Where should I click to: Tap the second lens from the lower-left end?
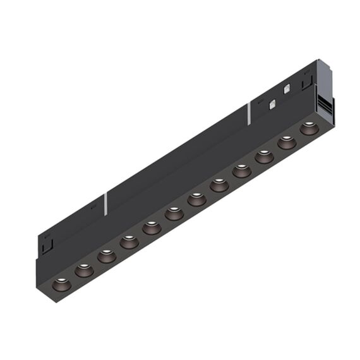(84, 270)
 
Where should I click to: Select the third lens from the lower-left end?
(106, 256)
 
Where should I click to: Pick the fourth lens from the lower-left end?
(129, 241)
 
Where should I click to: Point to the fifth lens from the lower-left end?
(152, 227)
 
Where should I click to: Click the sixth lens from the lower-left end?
(174, 213)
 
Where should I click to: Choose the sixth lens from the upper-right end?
(197, 200)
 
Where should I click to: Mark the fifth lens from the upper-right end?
(219, 185)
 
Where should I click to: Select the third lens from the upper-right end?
(264, 156)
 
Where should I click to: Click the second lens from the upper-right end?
(287, 142)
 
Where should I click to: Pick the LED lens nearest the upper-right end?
(309, 128)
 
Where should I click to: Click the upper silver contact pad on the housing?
(287, 88)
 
